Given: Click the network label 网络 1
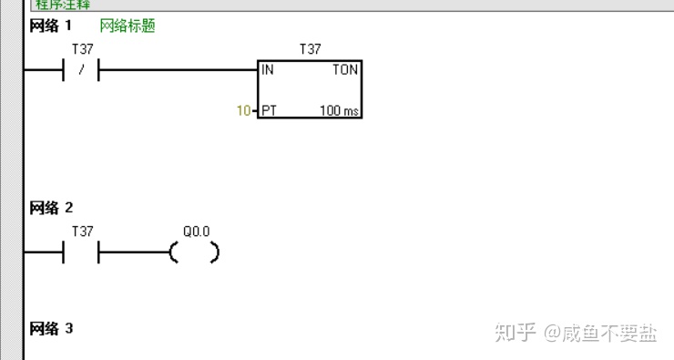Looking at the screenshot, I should pos(51,26).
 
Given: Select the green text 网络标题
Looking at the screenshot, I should pos(128,26).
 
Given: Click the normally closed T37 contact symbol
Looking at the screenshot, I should pos(81,70).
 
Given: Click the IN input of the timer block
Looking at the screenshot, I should pos(268,70).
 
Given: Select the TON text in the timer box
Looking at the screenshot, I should pos(345,70).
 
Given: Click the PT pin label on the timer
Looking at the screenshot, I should pos(269,110).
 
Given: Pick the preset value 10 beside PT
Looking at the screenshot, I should pos(243,110).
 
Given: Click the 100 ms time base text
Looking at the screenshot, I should pos(339,110).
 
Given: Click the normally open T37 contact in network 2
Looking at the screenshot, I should pos(81,252).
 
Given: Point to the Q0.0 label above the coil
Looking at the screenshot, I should pos(196,232).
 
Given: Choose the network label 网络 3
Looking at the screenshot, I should pos(51,328).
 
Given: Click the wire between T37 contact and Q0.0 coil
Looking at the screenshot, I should pos(134,252).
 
